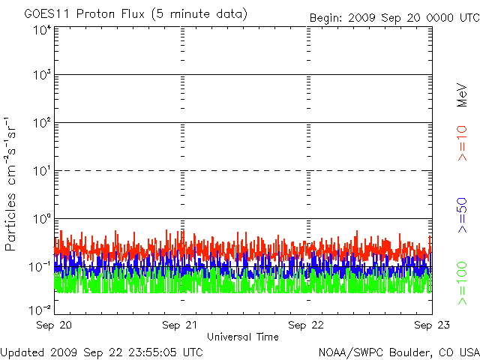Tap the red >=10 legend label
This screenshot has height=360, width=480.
462,143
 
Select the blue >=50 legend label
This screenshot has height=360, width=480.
462,215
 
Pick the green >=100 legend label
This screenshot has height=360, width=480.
462,283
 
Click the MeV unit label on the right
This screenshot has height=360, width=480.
462,95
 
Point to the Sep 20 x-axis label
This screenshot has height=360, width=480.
54,325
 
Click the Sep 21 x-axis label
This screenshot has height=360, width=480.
180,325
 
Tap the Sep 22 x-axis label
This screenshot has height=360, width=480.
306,325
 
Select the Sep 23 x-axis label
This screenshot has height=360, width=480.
432,325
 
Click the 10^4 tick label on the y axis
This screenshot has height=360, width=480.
42,31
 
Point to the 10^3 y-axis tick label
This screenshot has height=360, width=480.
42,74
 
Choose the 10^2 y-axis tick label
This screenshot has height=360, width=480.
42,122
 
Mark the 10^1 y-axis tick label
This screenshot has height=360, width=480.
42,170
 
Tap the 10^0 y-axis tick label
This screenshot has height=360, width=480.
42,218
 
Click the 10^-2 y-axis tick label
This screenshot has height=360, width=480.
40,310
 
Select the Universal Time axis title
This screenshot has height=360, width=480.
243,337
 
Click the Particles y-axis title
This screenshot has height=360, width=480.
10,222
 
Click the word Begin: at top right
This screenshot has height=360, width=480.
326,18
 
